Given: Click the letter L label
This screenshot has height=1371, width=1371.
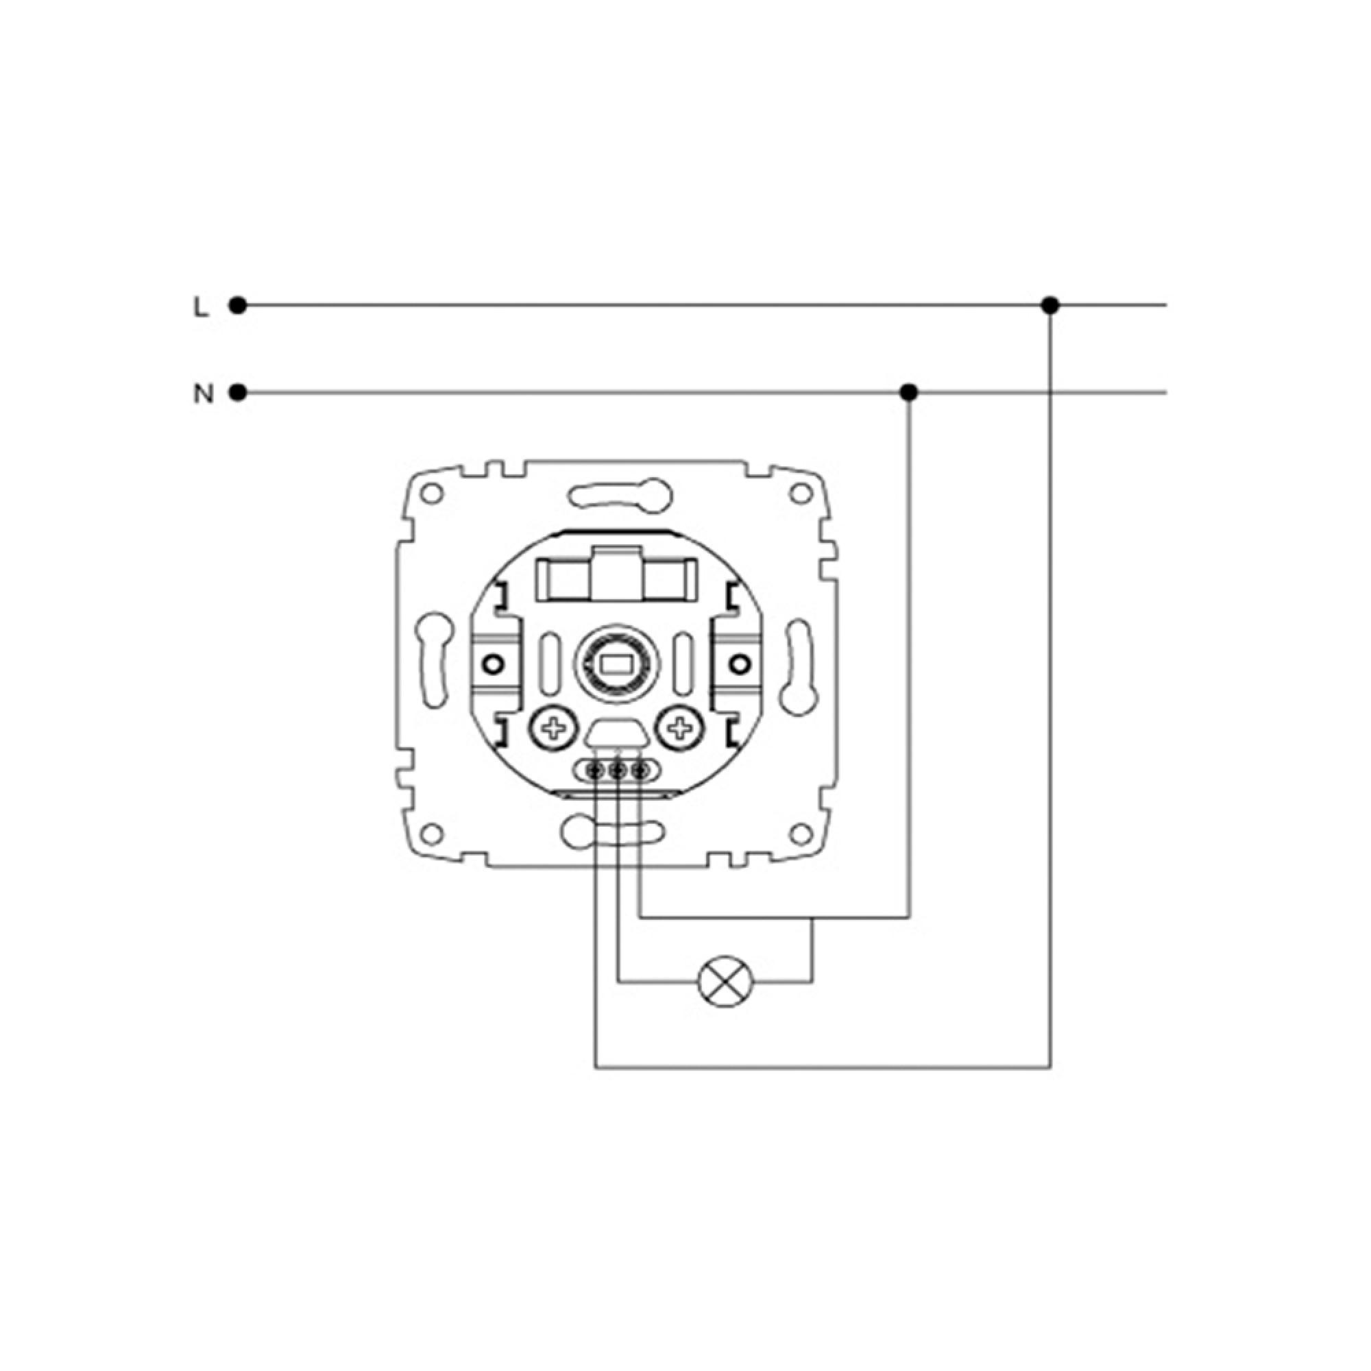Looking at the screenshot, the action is [202, 306].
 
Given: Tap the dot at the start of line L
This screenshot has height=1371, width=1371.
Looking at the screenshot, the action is [238, 306].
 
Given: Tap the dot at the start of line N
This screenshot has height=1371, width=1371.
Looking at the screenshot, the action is [238, 392].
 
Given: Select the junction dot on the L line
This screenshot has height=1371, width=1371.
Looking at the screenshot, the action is [1050, 306].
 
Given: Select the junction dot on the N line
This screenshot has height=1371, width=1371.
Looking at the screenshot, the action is [908, 392].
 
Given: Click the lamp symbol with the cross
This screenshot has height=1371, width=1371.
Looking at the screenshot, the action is [724, 983].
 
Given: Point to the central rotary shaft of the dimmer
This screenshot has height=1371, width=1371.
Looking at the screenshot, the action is [616, 665].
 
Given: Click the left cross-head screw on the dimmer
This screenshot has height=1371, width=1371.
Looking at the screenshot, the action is [554, 728].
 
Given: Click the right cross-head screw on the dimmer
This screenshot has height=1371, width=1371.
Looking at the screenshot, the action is [680, 728].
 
